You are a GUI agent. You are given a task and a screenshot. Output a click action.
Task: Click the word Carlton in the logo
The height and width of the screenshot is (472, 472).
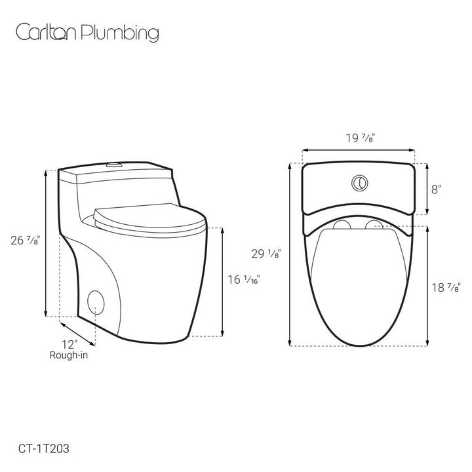click(45, 33)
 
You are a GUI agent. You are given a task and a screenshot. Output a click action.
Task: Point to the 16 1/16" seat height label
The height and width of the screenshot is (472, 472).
click(244, 280)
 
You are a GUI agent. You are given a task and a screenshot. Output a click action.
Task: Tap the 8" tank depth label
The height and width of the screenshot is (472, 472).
click(436, 189)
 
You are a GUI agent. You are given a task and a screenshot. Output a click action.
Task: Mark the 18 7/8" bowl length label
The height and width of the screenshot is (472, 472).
click(447, 287)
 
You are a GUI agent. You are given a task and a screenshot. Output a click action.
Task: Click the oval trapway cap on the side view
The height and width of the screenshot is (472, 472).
click(96, 302)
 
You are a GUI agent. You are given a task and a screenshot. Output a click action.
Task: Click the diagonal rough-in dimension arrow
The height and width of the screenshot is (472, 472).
click(78, 333)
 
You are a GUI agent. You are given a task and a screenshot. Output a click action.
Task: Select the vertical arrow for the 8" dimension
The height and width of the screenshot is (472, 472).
click(427, 189)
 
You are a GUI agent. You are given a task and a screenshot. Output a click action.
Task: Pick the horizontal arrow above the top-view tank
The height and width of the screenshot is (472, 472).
click(359, 150)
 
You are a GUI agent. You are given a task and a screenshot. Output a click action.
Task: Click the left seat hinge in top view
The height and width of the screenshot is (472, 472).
click(341, 227)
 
